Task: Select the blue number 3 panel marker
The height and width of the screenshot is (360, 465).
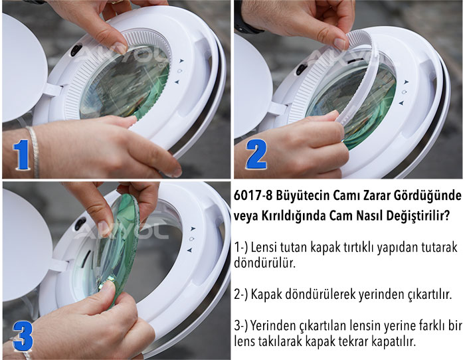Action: coord(23,336)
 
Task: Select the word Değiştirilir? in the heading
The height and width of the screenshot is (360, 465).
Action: coord(413,217)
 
